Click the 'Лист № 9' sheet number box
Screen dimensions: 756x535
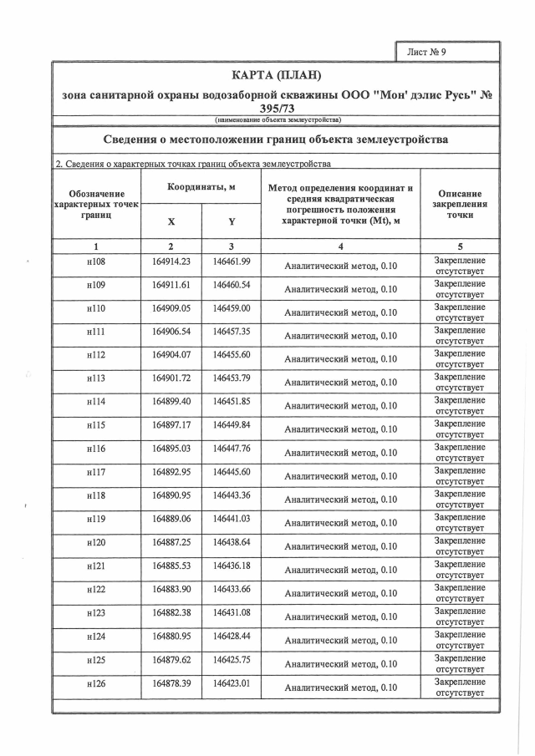(x=447, y=52)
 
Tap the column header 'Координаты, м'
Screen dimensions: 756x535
(x=201, y=187)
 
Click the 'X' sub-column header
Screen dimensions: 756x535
(x=171, y=222)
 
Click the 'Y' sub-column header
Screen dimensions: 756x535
(x=231, y=222)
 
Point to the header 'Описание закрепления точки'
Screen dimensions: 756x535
(x=460, y=204)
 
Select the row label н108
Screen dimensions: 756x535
(x=96, y=262)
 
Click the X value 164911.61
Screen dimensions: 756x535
(x=171, y=285)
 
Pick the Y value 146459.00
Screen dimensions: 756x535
(x=232, y=308)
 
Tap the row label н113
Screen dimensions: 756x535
(x=96, y=378)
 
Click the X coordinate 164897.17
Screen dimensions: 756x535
(x=171, y=424)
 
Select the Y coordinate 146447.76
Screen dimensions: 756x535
(x=232, y=448)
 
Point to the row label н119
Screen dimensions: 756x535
(x=96, y=518)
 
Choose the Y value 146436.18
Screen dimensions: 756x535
(x=232, y=565)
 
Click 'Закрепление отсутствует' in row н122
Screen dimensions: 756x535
(x=460, y=593)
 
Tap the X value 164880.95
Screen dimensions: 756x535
(x=171, y=635)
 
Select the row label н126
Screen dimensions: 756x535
(x=96, y=682)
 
